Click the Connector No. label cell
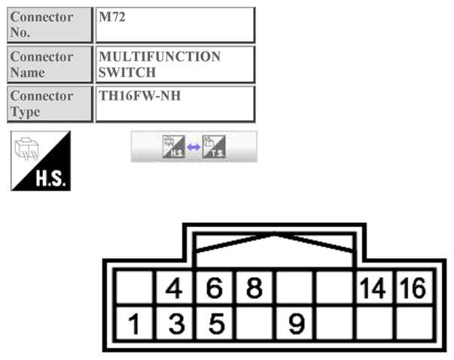coord(50,25)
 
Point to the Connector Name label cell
coord(50,64)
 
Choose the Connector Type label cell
coord(50,103)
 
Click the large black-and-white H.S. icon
coord(41,160)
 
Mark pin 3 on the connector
coord(175,325)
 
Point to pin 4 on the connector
coord(175,288)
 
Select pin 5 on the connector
coord(216,325)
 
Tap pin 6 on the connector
coord(216,288)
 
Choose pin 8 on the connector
coord(256,288)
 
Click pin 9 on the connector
coord(297,325)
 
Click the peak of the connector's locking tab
coord(276,235)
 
